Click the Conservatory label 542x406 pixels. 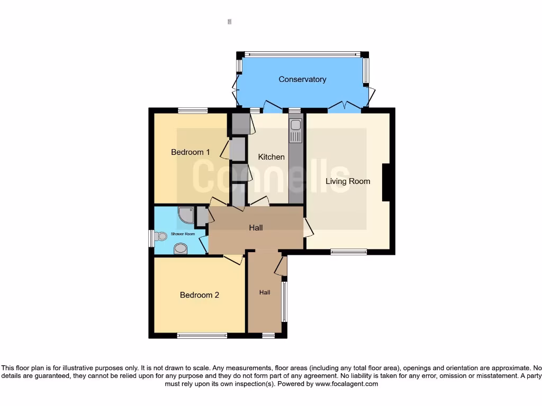click(302, 79)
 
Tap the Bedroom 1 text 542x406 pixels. click(191, 152)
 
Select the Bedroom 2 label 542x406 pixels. click(200, 295)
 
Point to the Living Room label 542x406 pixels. click(348, 181)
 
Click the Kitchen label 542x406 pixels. click(271, 157)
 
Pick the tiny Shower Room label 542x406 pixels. click(183, 234)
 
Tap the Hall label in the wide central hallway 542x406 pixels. click(256, 228)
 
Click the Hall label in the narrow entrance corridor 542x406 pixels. click(265, 292)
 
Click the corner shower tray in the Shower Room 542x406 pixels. click(186, 215)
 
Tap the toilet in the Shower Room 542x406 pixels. click(159, 237)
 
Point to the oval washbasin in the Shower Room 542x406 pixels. click(180, 248)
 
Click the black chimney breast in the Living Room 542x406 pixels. click(386, 182)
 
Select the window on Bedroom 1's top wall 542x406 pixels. click(193, 110)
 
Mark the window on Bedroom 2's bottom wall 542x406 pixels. click(202, 336)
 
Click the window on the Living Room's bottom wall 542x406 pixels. click(349, 252)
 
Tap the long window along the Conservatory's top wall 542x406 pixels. click(302, 54)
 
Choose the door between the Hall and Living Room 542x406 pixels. click(308, 228)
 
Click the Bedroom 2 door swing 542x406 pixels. click(233, 259)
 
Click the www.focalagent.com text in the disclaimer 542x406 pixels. click(346, 384)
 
